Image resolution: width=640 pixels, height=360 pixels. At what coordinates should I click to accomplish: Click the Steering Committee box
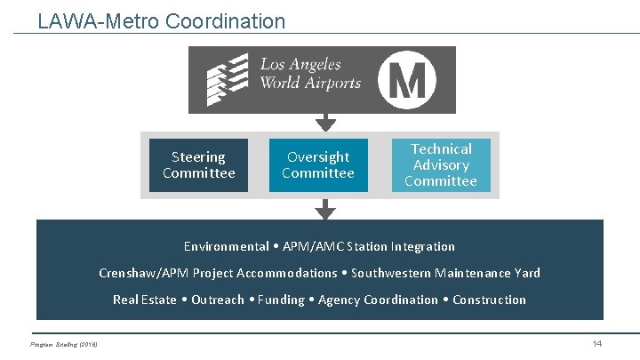click(199, 165)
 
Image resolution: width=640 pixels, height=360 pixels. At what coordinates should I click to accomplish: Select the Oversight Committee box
click(317, 165)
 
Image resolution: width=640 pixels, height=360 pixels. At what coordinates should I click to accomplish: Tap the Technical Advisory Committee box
click(441, 165)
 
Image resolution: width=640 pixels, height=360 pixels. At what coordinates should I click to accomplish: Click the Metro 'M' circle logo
click(407, 80)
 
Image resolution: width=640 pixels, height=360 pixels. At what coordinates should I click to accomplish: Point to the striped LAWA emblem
click(227, 80)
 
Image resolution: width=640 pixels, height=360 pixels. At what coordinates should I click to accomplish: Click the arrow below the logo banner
click(326, 122)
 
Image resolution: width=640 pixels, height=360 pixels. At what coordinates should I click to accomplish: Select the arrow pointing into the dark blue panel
click(326, 210)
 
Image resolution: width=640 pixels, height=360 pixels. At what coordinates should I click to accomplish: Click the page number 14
click(597, 344)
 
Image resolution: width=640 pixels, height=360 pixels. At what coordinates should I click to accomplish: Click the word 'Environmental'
click(226, 246)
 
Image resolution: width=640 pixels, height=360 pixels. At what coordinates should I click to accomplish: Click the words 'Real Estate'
click(144, 300)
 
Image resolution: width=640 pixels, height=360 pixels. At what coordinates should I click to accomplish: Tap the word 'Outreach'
click(217, 300)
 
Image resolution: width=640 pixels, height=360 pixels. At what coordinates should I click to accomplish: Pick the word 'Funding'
click(281, 300)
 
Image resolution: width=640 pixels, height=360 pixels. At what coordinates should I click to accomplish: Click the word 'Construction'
click(489, 300)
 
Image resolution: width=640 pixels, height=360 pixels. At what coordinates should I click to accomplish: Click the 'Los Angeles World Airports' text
click(310, 74)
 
